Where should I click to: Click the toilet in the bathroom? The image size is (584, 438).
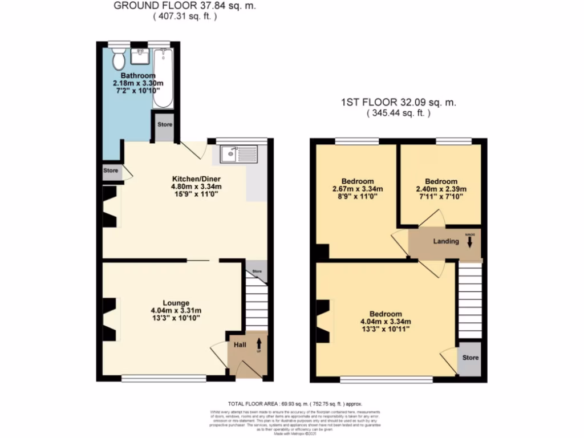tap(119, 57)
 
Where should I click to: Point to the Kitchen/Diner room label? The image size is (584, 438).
tap(188, 178)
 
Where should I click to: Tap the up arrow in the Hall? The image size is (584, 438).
tap(259, 344)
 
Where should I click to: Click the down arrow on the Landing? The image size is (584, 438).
tap(470, 242)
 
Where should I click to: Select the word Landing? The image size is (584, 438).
tap(446, 241)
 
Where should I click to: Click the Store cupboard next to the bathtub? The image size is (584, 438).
tap(165, 125)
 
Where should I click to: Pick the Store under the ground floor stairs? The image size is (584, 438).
tap(257, 272)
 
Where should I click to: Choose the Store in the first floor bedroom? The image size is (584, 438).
tap(471, 358)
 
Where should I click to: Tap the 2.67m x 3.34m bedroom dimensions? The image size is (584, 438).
tap(358, 189)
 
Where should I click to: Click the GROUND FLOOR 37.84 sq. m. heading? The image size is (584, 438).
tap(185, 6)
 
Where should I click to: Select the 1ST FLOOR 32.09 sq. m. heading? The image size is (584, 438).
tap(398, 103)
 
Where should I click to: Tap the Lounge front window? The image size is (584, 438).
tap(164, 378)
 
